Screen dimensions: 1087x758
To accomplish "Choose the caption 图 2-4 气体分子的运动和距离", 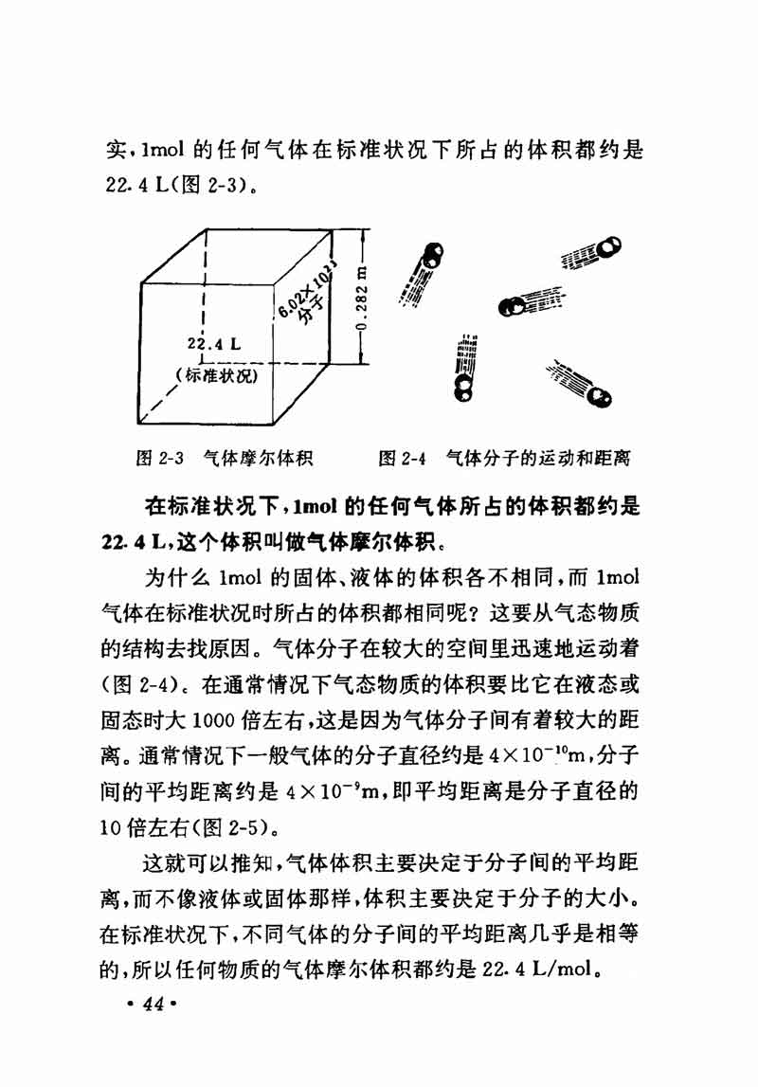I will click(x=504, y=459).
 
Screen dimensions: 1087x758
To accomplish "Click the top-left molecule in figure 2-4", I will click(x=432, y=255).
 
